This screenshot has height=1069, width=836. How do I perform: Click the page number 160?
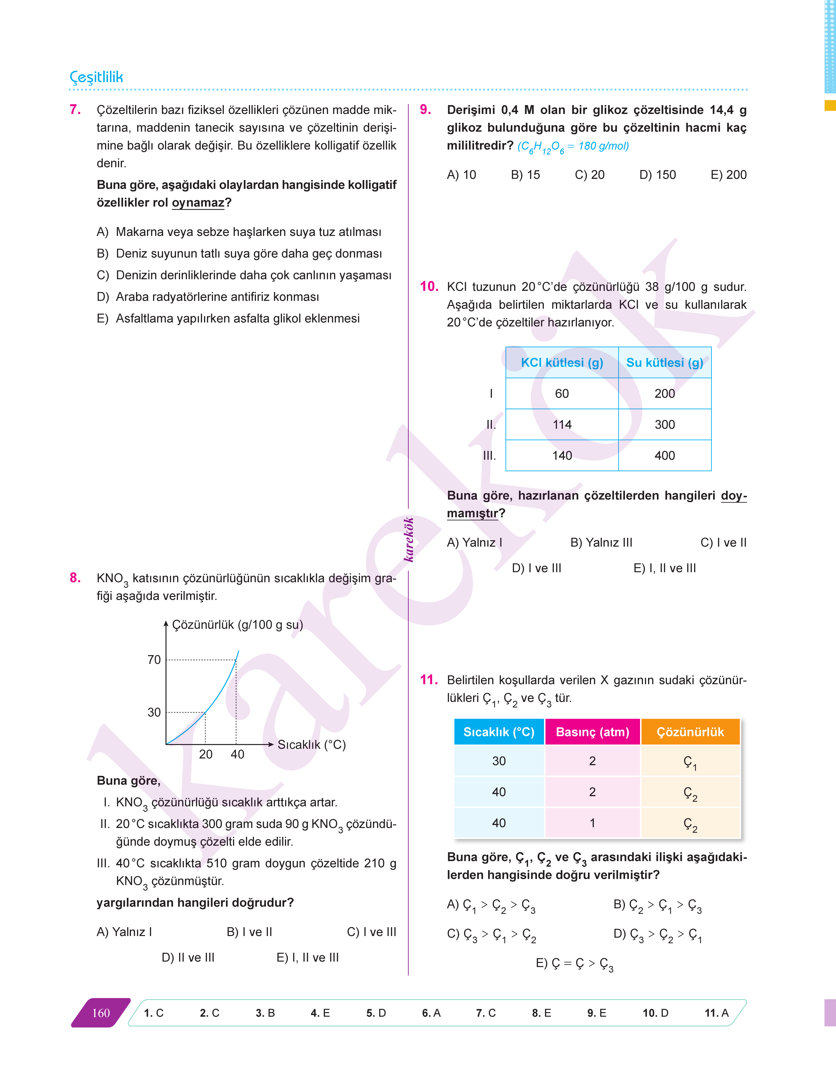[x=101, y=1013]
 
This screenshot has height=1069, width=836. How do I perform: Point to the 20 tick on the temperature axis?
[x=206, y=754]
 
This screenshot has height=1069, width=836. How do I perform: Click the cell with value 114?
[x=562, y=424]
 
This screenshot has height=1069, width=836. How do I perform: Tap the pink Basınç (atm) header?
[x=592, y=732]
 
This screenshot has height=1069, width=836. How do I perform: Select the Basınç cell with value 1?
[x=592, y=823]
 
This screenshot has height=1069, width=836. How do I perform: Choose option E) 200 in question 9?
[x=728, y=175]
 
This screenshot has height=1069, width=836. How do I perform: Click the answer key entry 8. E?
[x=541, y=1013]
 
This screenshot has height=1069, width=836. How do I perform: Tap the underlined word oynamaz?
[x=198, y=203]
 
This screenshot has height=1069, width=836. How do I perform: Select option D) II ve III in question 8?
[x=188, y=957]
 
